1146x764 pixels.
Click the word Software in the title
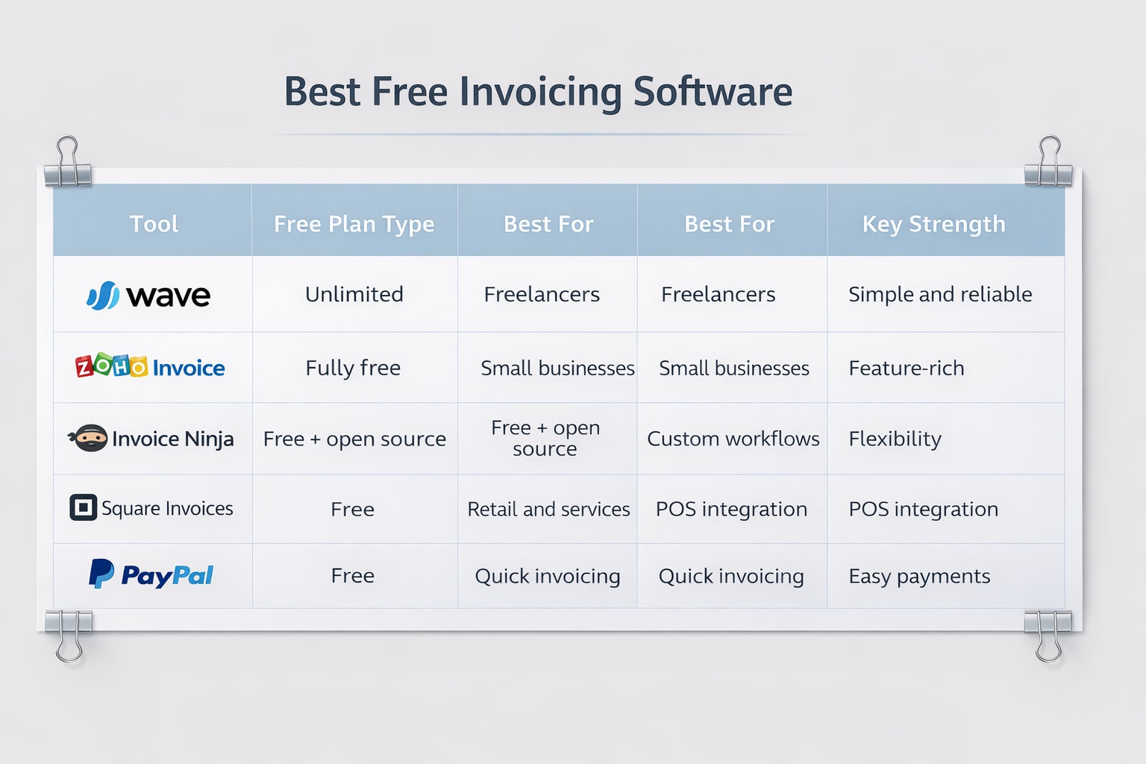(713, 92)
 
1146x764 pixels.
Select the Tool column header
(154, 224)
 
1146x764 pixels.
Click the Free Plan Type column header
(354, 224)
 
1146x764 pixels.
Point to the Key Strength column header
(933, 224)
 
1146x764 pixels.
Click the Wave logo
(148, 295)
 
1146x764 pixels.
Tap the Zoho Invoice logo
(150, 367)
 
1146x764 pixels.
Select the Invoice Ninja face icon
(90, 439)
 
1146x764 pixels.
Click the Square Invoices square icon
(83, 508)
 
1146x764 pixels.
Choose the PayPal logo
(151, 575)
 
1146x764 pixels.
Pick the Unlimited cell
(354, 294)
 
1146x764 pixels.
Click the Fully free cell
(353, 368)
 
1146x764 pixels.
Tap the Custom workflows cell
(733, 439)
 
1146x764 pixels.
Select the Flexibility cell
(895, 439)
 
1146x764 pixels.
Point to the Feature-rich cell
(906, 368)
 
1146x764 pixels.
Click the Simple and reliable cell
(940, 294)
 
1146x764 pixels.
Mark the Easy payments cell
(919, 576)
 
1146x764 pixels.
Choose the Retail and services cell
(548, 509)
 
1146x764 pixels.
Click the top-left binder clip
(68, 163)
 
